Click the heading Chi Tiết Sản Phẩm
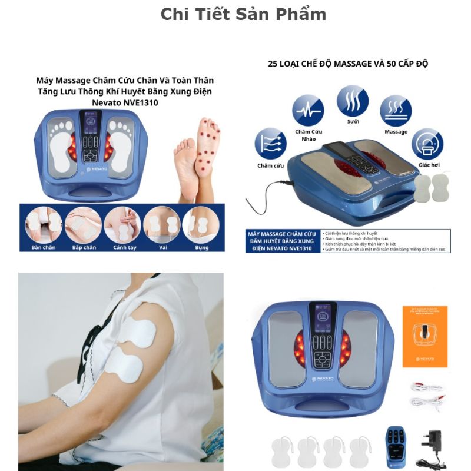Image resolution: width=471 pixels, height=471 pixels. pos(243,14)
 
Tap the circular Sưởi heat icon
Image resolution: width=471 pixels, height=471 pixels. pos(353,101)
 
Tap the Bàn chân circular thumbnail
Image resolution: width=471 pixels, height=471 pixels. pos(44,224)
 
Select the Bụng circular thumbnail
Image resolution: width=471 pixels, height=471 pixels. pos(200,224)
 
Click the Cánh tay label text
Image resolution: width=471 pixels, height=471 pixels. pos(124,247)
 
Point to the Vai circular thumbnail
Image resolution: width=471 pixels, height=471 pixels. pos(161,224)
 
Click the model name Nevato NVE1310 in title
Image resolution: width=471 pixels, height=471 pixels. pos(124,102)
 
